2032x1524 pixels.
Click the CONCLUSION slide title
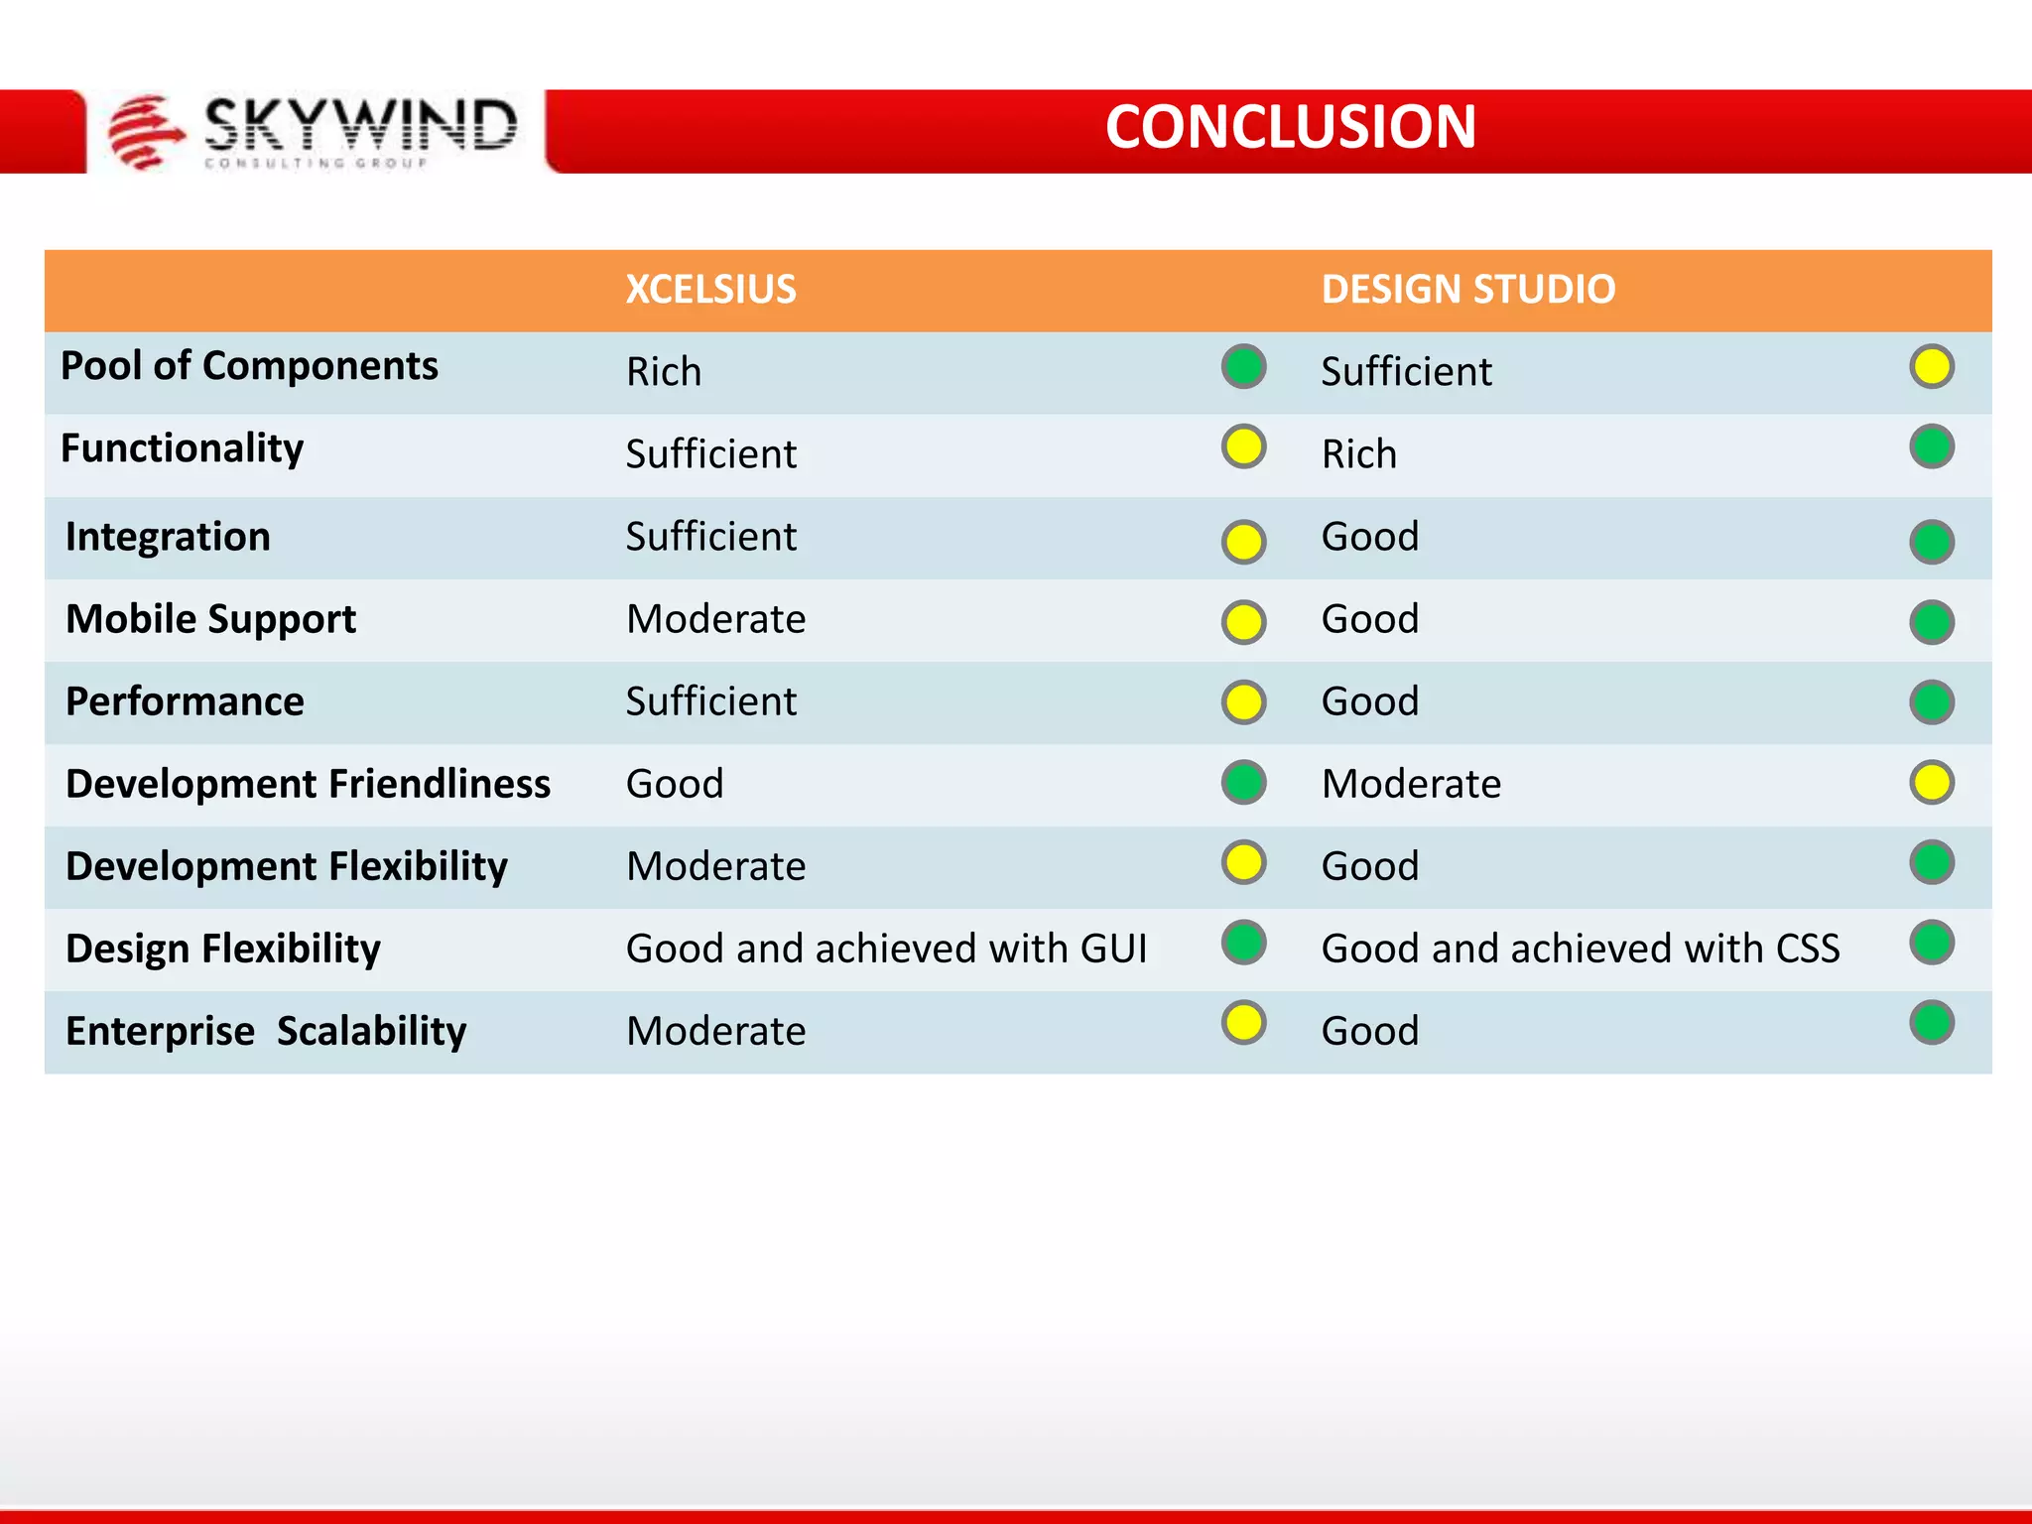[1290, 127]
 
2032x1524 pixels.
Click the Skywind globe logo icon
[145, 131]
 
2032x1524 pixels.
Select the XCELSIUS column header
[710, 290]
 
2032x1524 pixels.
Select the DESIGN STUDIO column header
[1468, 290]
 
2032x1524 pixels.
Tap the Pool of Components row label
[249, 366]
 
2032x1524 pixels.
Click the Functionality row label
[183, 448]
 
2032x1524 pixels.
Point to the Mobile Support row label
[210, 619]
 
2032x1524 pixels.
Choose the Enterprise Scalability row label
[266, 1031]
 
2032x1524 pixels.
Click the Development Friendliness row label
[308, 784]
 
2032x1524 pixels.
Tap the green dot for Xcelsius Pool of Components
[1243, 366]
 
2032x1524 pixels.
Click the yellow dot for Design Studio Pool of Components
[1931, 366]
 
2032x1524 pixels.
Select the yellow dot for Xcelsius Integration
[1243, 542]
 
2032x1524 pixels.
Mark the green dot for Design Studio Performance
[1931, 702]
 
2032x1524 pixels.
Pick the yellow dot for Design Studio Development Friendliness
[1931, 783]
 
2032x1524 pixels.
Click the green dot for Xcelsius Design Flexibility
[1243, 943]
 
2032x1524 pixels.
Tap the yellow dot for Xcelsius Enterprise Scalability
[1243, 1023]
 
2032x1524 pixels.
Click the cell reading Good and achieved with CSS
[1581, 949]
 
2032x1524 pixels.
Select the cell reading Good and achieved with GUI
[886, 949]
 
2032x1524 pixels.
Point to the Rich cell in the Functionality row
[1359, 454]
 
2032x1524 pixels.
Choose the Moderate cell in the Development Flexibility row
[716, 866]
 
